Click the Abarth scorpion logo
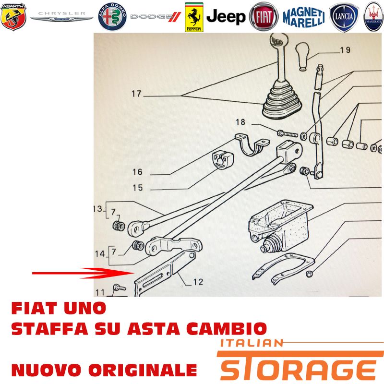[x=13, y=17]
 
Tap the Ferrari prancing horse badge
[x=194, y=17]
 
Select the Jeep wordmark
[x=226, y=17]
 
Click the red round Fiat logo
[x=264, y=17]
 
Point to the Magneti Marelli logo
[x=304, y=17]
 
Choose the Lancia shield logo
[x=344, y=17]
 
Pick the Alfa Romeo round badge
[x=112, y=17]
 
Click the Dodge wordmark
[x=156, y=17]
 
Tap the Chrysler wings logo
[x=62, y=17]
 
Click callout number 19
[x=345, y=50]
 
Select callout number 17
[x=136, y=94]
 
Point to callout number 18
[x=240, y=122]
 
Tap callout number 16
[x=137, y=172]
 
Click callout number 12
[x=198, y=282]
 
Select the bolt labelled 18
[x=287, y=134]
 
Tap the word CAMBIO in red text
[x=227, y=328]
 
